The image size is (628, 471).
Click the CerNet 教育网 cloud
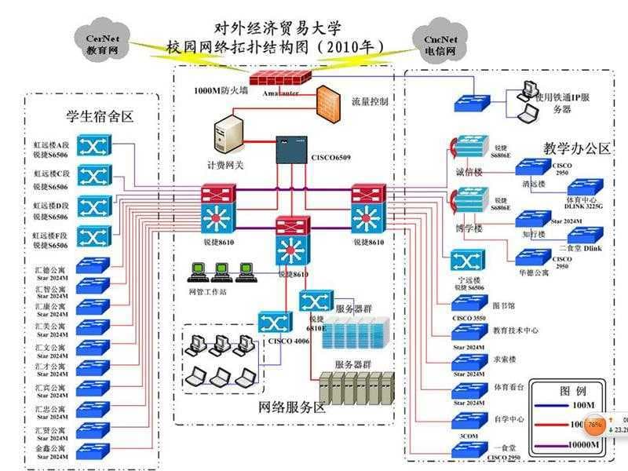coord(100,40)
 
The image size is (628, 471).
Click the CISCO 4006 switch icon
coord(276,323)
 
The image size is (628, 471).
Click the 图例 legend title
coord(572,390)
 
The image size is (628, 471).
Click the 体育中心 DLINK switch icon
coord(586,187)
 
